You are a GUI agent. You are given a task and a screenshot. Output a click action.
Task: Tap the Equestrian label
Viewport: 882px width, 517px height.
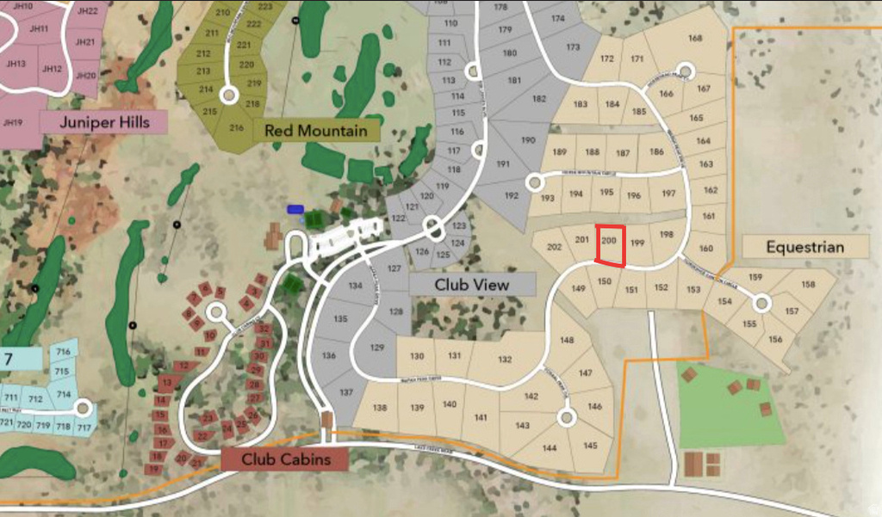point(804,247)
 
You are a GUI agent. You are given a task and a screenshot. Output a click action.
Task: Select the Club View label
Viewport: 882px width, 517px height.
point(471,284)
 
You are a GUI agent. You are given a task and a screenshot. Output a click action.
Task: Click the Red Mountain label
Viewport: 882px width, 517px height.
point(321,131)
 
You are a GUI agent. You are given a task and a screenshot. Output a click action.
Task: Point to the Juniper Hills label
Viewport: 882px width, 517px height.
point(104,122)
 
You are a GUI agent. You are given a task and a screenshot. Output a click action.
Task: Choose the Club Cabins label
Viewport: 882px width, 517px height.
point(286,459)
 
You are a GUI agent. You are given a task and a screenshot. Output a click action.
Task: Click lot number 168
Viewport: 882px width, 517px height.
point(695,38)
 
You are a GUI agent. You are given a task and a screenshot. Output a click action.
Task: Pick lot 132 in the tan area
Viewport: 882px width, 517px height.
point(505,360)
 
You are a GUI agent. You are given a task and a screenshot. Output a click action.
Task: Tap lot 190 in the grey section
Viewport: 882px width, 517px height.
point(528,140)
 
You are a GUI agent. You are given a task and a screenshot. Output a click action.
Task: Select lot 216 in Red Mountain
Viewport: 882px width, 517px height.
point(237,127)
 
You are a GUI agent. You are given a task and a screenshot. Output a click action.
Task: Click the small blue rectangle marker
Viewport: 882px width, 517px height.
point(295,209)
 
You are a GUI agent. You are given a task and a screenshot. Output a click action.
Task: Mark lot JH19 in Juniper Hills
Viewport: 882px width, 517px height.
point(12,123)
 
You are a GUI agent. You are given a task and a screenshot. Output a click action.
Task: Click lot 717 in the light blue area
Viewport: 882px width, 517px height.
point(84,428)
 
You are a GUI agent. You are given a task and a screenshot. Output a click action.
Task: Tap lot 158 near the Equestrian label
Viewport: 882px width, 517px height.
point(807,285)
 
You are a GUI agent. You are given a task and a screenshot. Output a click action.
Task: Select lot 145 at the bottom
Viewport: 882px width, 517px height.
point(590,446)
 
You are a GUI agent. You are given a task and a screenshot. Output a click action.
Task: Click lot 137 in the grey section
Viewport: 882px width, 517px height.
point(345,392)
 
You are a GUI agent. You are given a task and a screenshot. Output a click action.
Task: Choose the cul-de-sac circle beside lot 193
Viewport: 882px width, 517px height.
point(534,182)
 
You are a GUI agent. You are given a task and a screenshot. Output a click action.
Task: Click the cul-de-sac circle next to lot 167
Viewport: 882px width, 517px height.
point(685,71)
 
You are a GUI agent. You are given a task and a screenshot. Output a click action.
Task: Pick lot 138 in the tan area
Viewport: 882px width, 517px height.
point(380,408)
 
